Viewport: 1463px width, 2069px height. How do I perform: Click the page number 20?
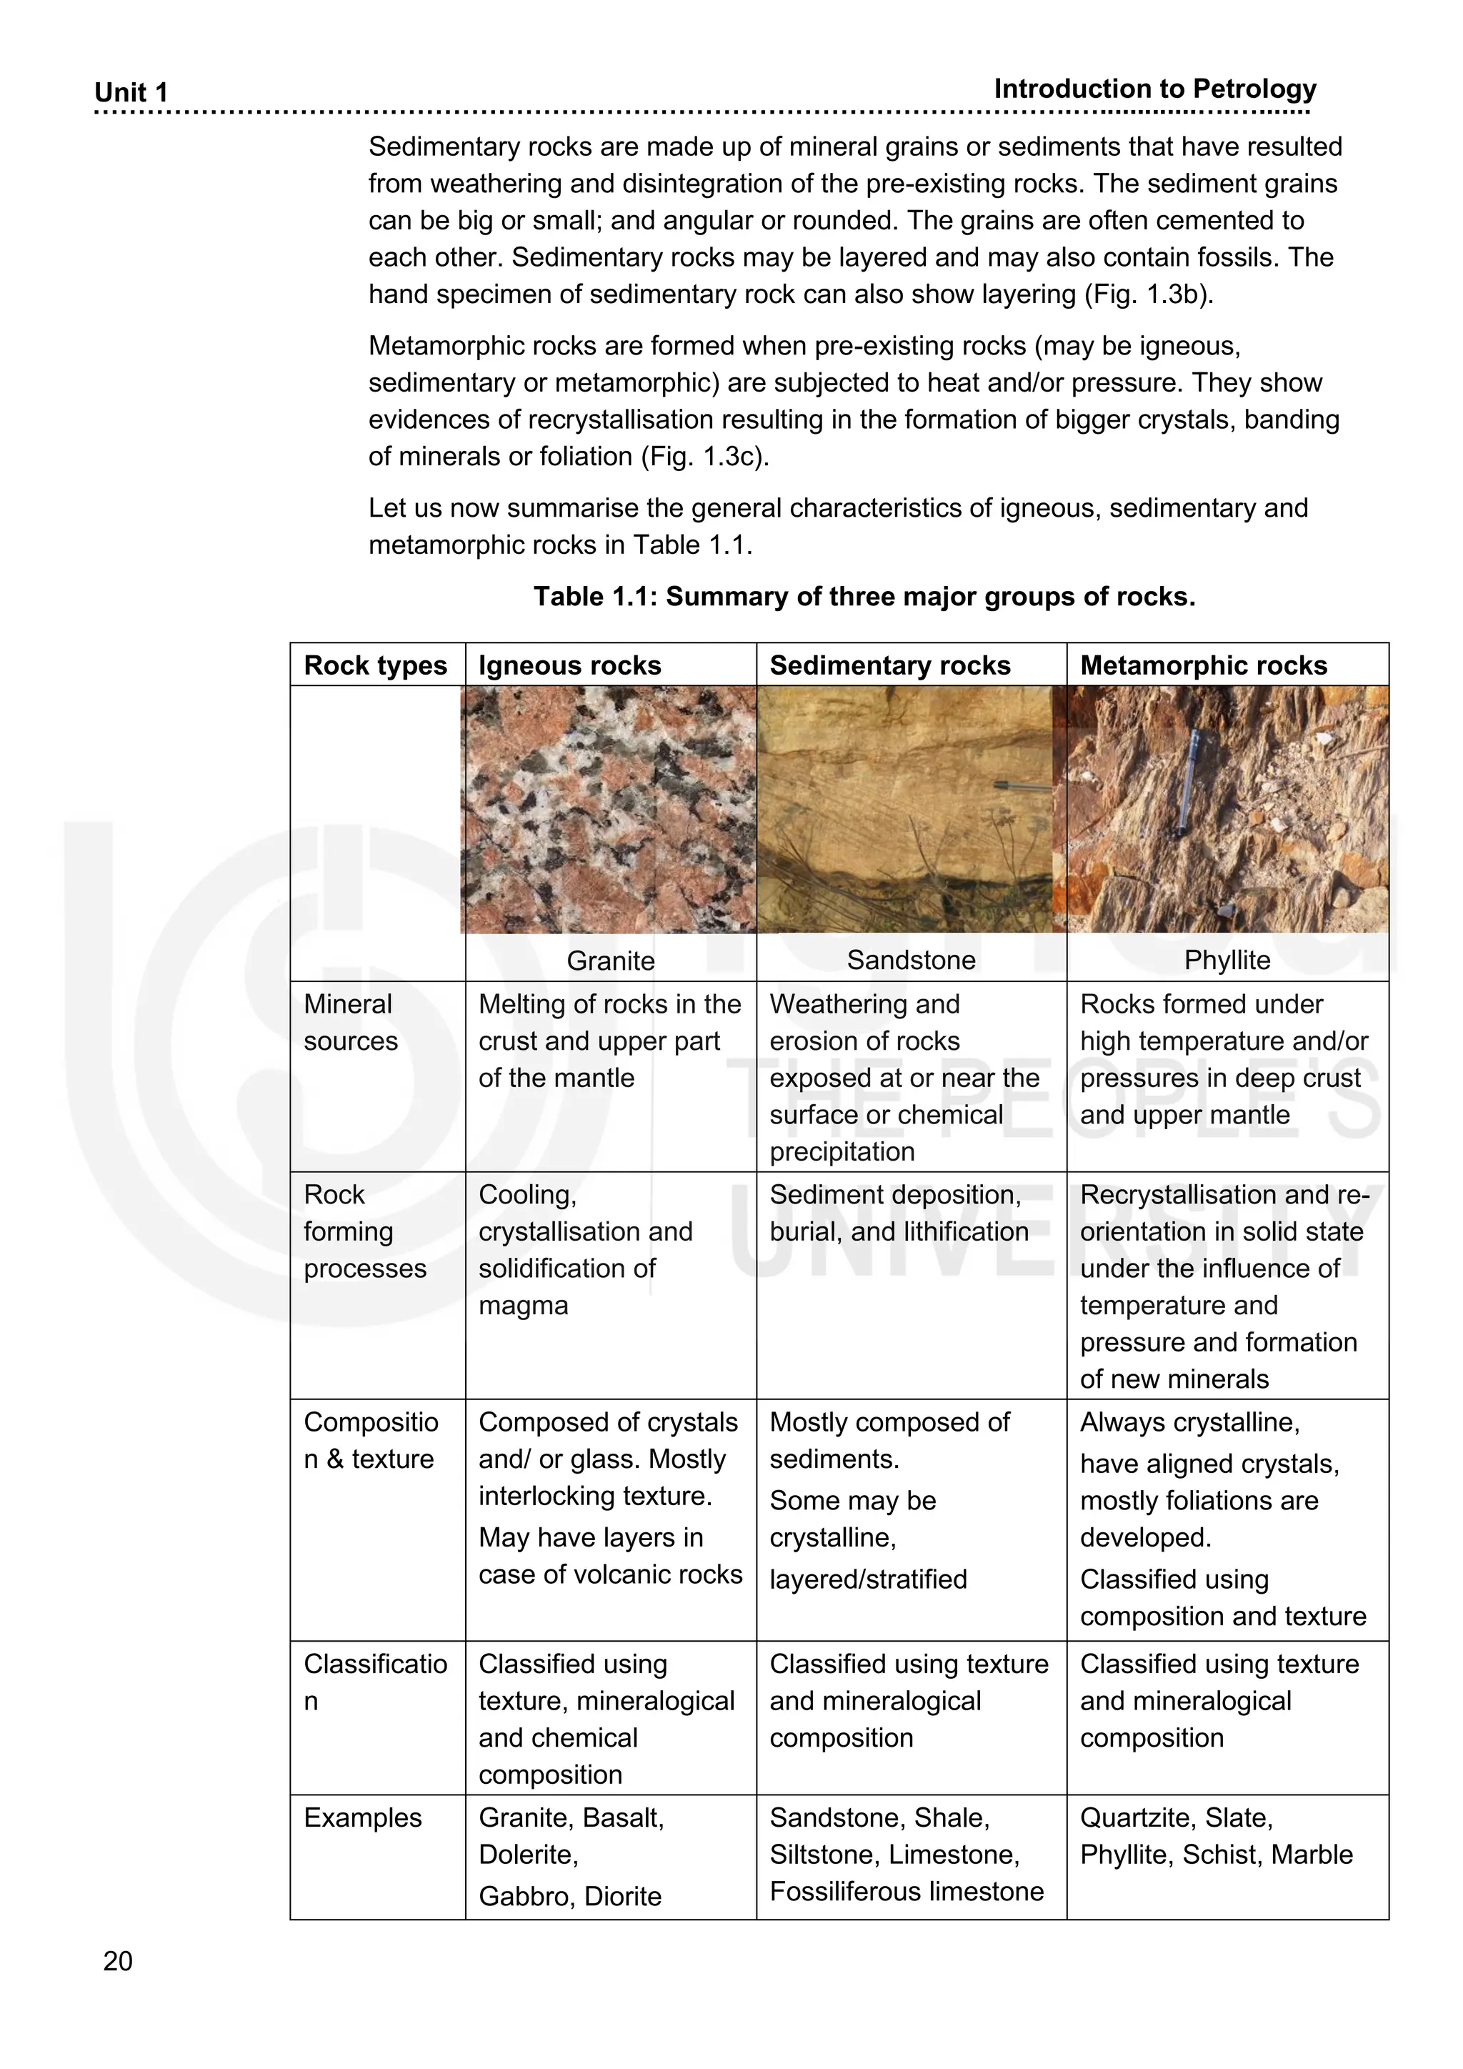pyautogui.click(x=118, y=1961)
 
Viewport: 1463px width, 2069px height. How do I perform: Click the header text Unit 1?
pyautogui.click(x=131, y=93)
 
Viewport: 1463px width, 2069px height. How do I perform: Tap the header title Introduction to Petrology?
pyautogui.click(x=1155, y=89)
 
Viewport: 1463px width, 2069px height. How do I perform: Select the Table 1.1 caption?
pyautogui.click(x=864, y=597)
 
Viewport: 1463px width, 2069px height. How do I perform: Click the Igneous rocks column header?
pyautogui.click(x=569, y=666)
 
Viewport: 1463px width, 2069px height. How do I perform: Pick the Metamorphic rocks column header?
pyautogui.click(x=1204, y=666)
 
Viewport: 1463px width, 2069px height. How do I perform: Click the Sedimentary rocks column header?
pyautogui.click(x=890, y=666)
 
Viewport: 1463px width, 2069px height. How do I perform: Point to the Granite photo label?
pyautogui.click(x=611, y=961)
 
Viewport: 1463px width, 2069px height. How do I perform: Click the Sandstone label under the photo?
pyautogui.click(x=911, y=960)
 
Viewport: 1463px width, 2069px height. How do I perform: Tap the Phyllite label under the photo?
pyautogui.click(x=1227, y=960)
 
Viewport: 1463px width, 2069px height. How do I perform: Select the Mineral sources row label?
pyautogui.click(x=351, y=1023)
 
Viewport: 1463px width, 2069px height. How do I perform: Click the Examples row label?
pyautogui.click(x=362, y=1817)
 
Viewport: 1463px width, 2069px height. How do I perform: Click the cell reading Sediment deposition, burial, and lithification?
pyautogui.click(x=898, y=1213)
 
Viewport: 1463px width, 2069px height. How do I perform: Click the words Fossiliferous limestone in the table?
pyautogui.click(x=907, y=1892)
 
